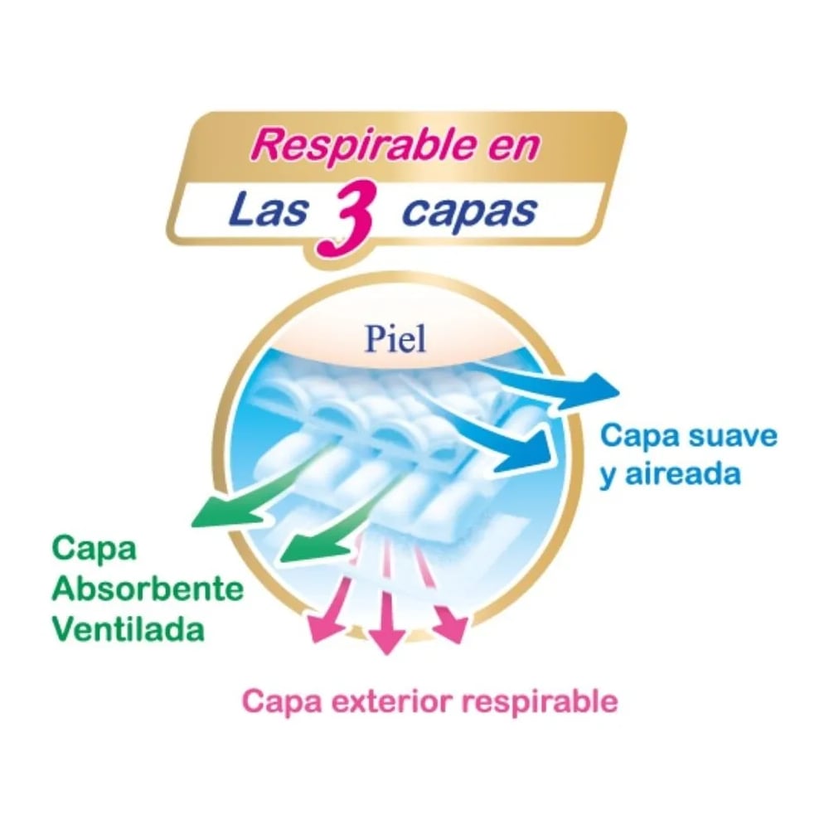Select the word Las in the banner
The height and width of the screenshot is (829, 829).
tap(264, 211)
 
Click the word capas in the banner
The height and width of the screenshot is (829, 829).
tap(466, 211)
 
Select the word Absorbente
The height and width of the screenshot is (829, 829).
tap(148, 590)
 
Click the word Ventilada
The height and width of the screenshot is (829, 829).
tap(128, 629)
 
